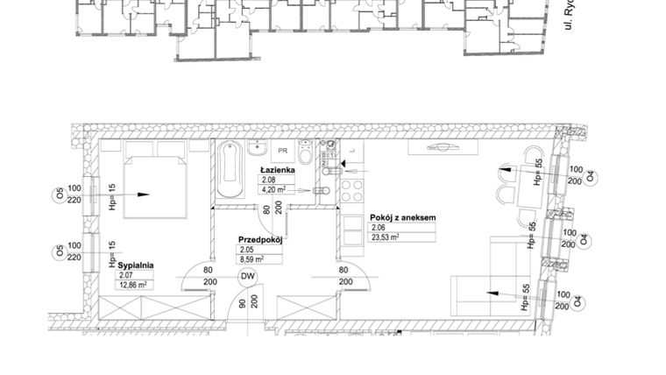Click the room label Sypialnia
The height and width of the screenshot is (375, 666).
click(x=137, y=264)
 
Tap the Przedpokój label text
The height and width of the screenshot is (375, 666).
click(x=259, y=237)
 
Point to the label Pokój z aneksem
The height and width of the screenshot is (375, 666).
click(x=402, y=218)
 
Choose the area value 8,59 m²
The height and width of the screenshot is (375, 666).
click(x=252, y=259)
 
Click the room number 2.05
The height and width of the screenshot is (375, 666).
click(x=245, y=249)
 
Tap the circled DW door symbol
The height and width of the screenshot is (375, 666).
click(x=248, y=276)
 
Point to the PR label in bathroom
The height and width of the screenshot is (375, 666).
click(x=284, y=149)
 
